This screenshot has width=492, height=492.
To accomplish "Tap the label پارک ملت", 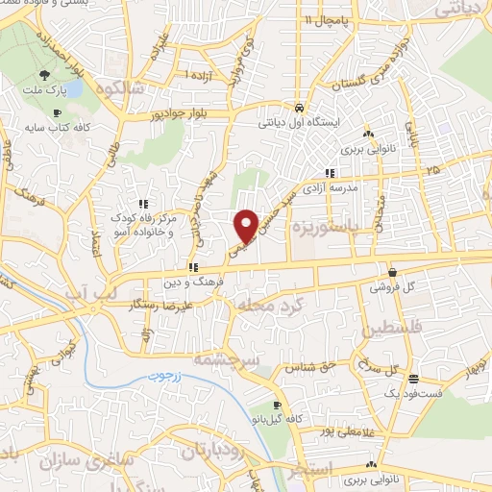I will [46, 92].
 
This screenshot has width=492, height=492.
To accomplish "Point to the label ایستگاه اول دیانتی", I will [293, 122].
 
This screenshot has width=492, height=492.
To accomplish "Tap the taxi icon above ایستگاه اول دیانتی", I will [300, 108].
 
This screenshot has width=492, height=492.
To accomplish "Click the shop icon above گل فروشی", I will [392, 272].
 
